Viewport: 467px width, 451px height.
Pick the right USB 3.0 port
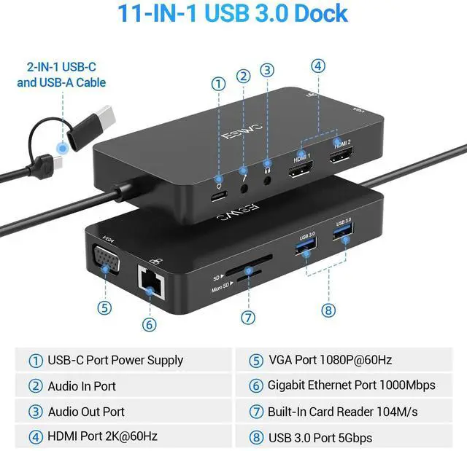(x=342, y=232)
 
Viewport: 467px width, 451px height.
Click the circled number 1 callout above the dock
(x=218, y=83)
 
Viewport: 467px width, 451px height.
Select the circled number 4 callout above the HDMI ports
(x=317, y=65)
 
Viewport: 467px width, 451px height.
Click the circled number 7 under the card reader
(x=248, y=318)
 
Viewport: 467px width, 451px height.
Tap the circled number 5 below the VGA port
(x=105, y=307)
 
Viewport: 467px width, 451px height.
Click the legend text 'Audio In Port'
(x=82, y=385)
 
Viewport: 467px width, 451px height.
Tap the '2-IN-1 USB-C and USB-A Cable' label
(x=61, y=75)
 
